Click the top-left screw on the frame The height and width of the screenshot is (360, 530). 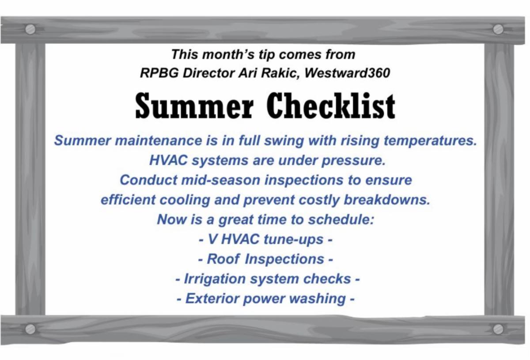pos(30,30)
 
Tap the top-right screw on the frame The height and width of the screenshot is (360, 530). pos(498,30)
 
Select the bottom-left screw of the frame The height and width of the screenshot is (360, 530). pos(30,329)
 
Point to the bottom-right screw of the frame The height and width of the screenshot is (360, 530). pos(498,329)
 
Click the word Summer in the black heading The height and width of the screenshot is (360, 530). pos(194,106)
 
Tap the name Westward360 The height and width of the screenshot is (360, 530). pos(347,73)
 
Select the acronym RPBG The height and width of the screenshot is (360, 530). pos(159,73)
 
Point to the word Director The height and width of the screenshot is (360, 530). pos(208,73)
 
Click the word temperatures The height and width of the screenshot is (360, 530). pos(430,140)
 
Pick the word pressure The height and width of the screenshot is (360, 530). pos(354,161)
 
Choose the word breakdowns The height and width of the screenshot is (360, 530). pos(387,200)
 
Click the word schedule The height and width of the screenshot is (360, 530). pos(341,220)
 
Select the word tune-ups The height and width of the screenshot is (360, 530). pos(293,239)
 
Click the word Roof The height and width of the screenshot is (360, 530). pos(223,259)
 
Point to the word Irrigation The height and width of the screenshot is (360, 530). pos(215,279)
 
